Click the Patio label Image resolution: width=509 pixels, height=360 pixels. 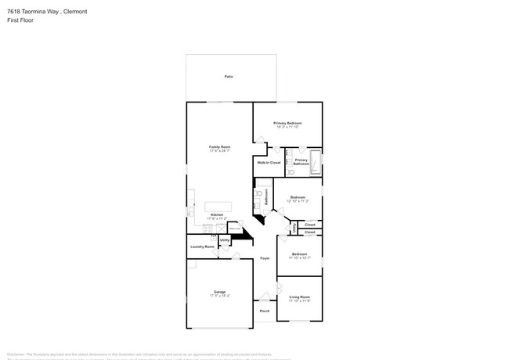point(229,77)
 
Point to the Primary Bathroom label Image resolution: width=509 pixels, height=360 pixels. point(301,162)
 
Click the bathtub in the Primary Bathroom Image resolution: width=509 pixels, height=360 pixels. point(316,161)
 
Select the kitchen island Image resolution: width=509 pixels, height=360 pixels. point(218,207)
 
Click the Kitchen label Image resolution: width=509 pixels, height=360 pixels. point(217,215)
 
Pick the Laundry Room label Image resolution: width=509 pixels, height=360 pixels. point(202,247)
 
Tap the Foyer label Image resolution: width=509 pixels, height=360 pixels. point(265,257)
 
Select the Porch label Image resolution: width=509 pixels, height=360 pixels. point(265,311)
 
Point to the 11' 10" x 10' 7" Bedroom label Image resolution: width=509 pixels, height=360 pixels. point(300,255)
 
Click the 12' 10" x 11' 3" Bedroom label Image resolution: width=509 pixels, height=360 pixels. point(299,198)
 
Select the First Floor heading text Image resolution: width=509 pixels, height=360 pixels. point(18,20)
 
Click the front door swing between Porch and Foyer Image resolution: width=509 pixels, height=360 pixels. point(265,297)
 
